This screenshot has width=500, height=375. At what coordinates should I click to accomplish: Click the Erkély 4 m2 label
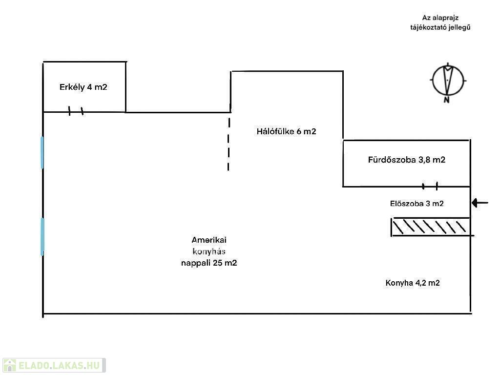coord(83,87)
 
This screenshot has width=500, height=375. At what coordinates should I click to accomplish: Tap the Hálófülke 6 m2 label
coord(286,131)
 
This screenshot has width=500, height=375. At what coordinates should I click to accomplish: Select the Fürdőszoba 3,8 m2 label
coord(406,160)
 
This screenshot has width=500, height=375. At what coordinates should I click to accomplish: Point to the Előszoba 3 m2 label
coord(417,204)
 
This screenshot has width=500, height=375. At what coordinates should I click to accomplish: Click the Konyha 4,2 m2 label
coord(412,283)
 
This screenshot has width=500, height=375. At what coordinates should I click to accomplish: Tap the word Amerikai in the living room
coord(209,240)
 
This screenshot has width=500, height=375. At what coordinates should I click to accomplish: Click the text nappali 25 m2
coord(209,263)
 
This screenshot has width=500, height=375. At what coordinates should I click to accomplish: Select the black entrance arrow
coord(480,203)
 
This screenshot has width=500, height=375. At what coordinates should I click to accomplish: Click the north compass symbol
coord(448,79)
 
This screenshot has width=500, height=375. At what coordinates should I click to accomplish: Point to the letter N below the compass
coord(446,100)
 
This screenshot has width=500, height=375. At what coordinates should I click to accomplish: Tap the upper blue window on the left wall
coord(42,152)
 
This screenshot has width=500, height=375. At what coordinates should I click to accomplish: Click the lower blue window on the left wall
coord(42,236)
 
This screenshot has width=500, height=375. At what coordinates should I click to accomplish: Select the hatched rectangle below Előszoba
coord(431,227)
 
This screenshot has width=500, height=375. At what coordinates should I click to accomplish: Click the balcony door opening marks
coord(76,111)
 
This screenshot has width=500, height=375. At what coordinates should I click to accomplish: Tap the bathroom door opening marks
coord(430,186)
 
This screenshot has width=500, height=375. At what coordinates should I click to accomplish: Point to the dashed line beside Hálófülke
coord(229,142)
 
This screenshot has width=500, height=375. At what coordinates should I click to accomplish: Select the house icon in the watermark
coord(9,365)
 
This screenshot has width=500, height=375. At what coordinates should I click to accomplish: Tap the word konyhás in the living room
coord(209,251)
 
